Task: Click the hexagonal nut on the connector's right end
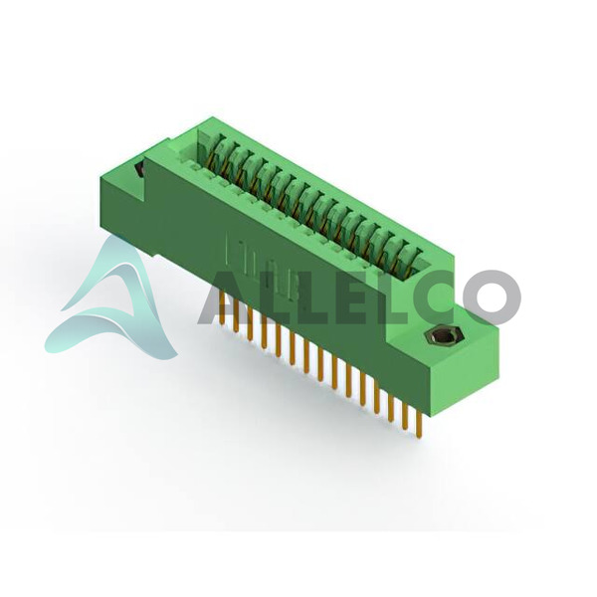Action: [442, 337]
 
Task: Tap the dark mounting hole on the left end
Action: [139, 169]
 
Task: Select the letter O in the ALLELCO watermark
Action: [492, 297]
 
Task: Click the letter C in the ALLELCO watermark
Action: [435, 297]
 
